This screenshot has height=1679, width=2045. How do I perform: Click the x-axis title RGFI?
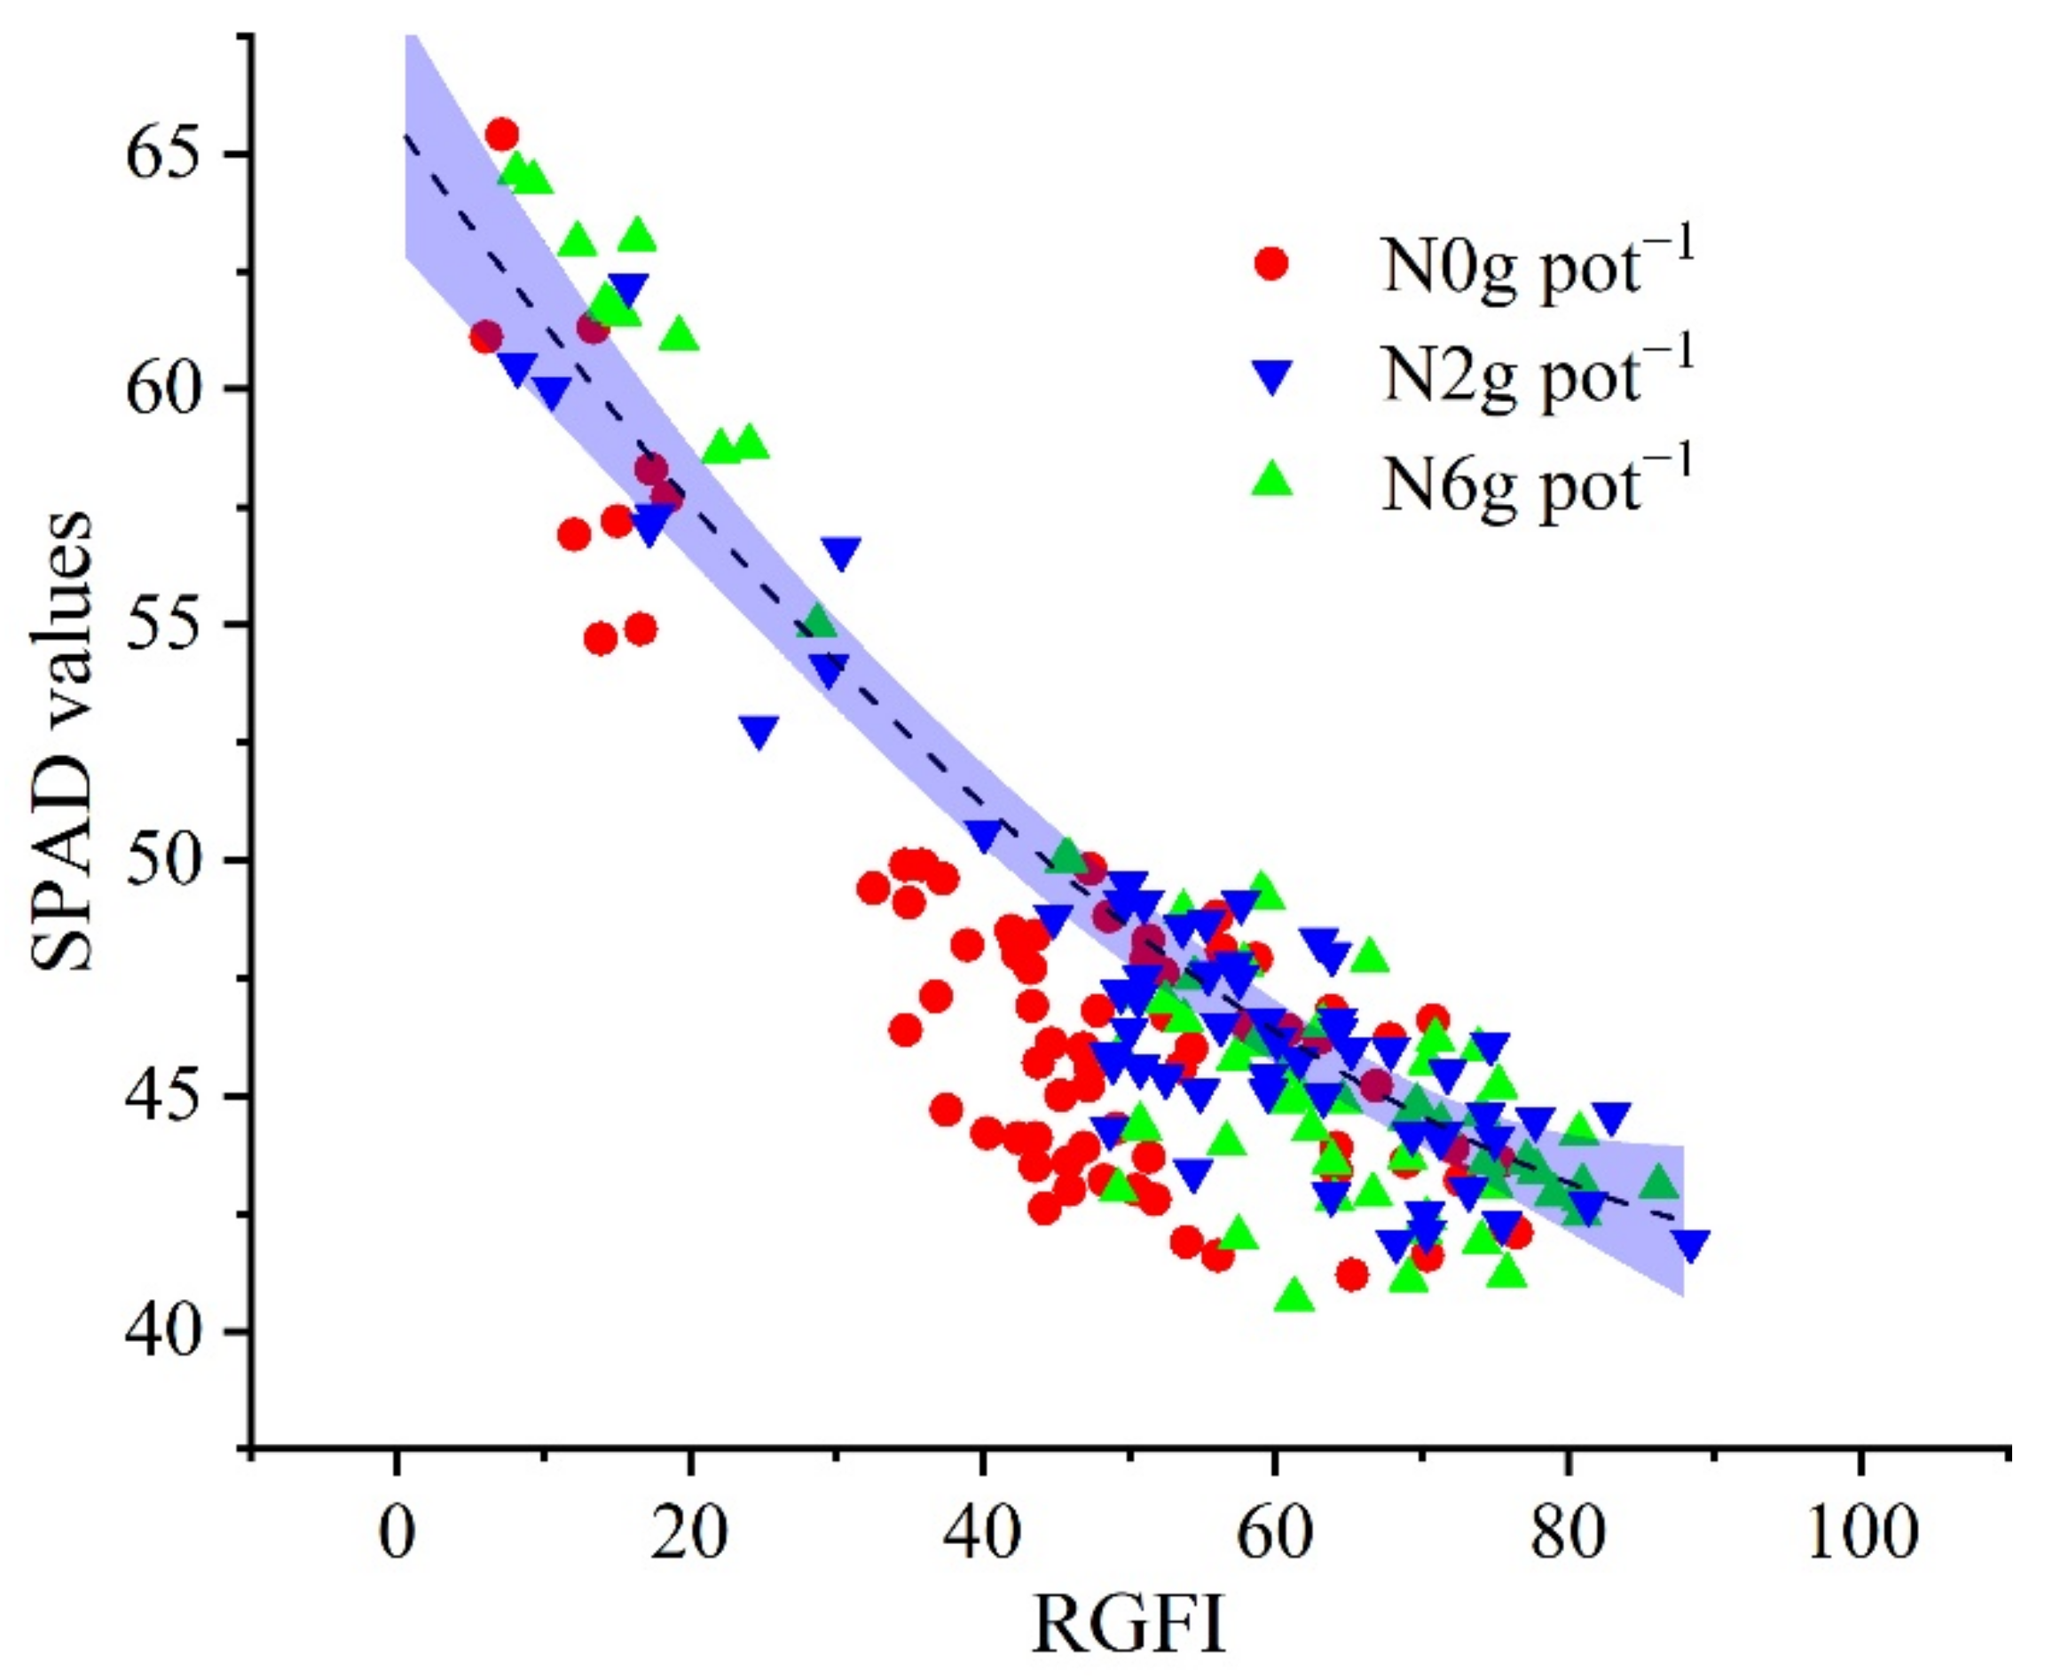pos(1129,1626)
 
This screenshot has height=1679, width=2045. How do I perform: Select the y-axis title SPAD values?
pos(63,742)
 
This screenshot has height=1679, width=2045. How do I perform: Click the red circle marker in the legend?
pos(1270,263)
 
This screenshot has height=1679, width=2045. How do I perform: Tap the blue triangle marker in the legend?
pos(1270,376)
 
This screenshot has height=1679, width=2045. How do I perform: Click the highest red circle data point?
pos(502,133)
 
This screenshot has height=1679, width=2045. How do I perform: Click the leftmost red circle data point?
pos(486,336)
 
